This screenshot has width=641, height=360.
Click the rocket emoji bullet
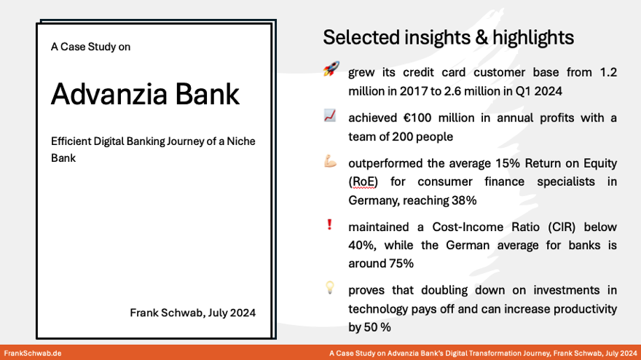click(x=331, y=69)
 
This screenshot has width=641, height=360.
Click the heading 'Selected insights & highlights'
click(x=448, y=37)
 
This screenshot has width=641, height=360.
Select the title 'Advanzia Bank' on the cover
click(x=145, y=93)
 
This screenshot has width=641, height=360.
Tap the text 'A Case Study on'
click(x=90, y=47)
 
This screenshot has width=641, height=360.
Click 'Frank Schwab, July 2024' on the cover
click(x=192, y=313)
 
